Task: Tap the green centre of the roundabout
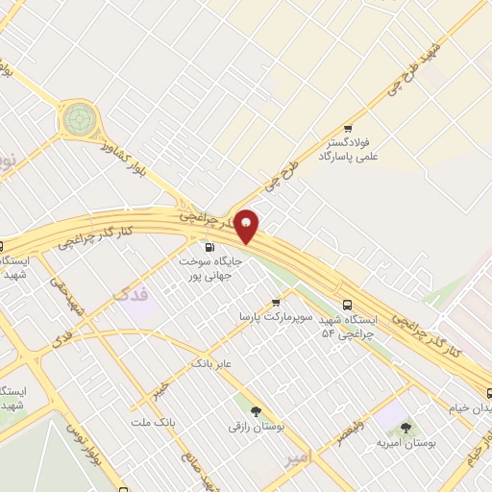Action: pyautogui.click(x=81, y=120)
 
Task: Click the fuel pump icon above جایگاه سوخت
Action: pyautogui.click(x=210, y=247)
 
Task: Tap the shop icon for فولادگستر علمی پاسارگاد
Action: pyautogui.click(x=347, y=129)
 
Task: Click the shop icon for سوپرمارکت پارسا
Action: pyautogui.click(x=276, y=302)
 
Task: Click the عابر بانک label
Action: pyautogui.click(x=212, y=364)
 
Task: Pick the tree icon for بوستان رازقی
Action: pyautogui.click(x=256, y=410)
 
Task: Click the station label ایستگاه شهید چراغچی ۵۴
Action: pyautogui.click(x=349, y=325)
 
